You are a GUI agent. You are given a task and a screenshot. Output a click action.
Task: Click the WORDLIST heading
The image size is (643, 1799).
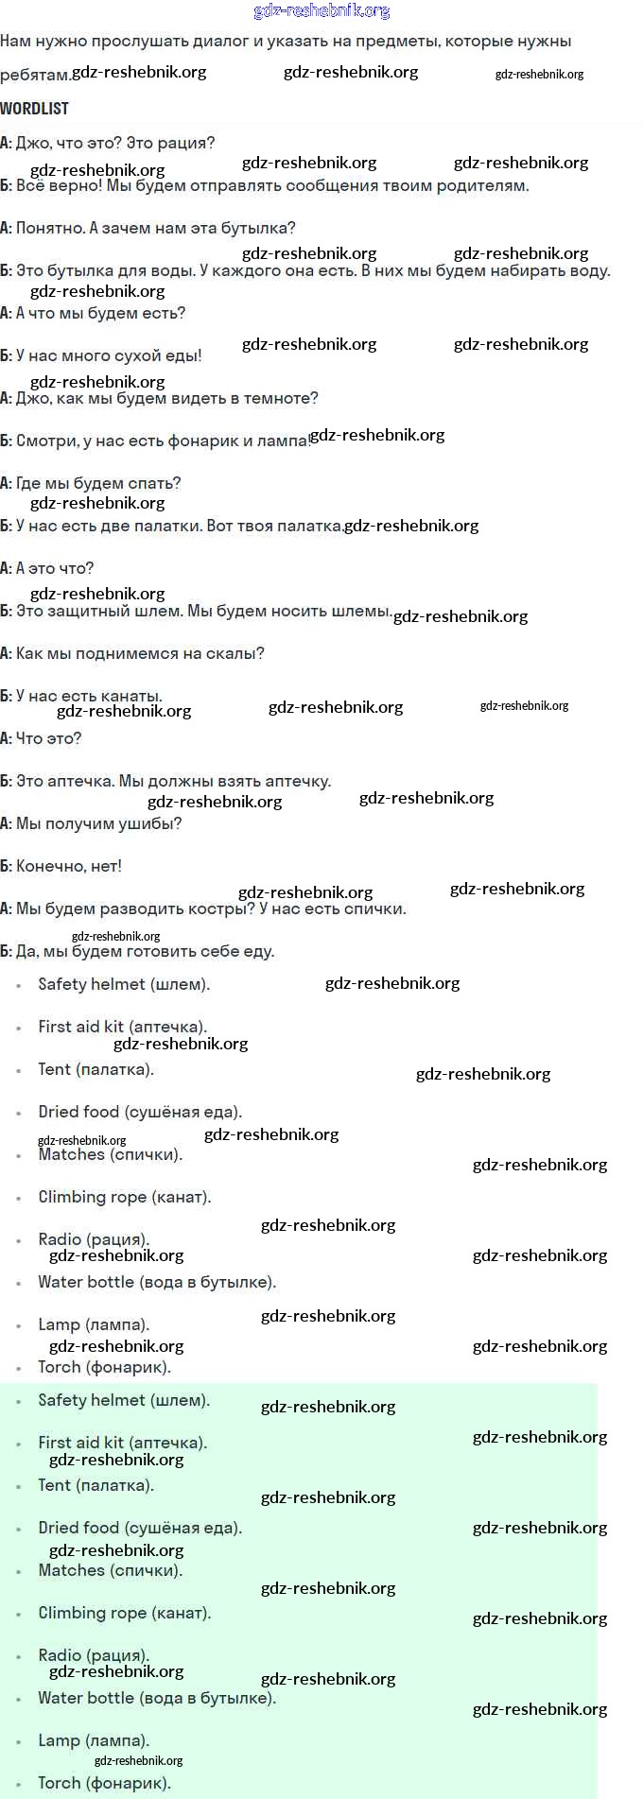pyautogui.click(x=34, y=109)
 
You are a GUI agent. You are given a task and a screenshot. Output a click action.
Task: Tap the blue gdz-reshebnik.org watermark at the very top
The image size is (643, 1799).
pyautogui.click(x=321, y=11)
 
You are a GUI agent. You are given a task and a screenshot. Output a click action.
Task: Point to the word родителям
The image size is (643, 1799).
pyautogui.click(x=486, y=185)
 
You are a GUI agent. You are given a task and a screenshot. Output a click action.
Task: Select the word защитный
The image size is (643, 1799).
pyautogui.click(x=94, y=611)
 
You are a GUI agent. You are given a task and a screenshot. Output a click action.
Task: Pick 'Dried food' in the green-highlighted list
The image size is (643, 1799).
pyautogui.click(x=78, y=1528)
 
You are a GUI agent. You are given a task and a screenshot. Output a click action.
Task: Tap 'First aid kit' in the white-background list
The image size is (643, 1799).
pyautogui.click(x=80, y=1027)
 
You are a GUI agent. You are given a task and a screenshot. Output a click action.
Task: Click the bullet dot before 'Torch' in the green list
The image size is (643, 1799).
pyautogui.click(x=19, y=1785)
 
